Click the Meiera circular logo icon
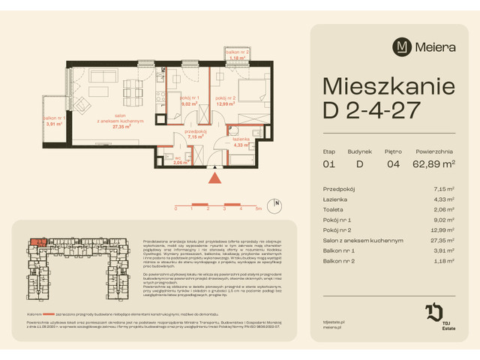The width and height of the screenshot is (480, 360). pos(403,46)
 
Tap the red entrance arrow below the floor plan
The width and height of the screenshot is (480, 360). pos(216,178)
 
